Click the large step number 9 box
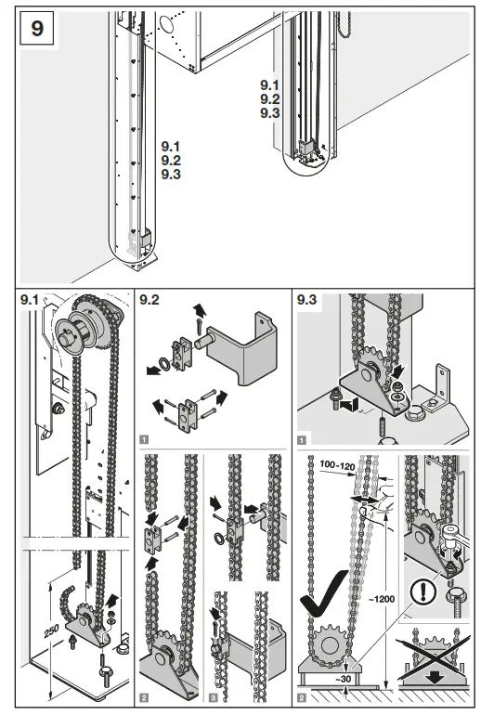[37, 28]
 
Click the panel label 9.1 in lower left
[30, 300]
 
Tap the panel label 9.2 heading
[149, 300]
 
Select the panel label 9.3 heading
[306, 300]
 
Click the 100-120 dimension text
[337, 465]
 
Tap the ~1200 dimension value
[381, 599]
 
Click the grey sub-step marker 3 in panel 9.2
[214, 697]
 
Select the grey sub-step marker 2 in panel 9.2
[144, 697]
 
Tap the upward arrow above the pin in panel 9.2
[200, 311]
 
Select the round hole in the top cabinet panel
[166, 25]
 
